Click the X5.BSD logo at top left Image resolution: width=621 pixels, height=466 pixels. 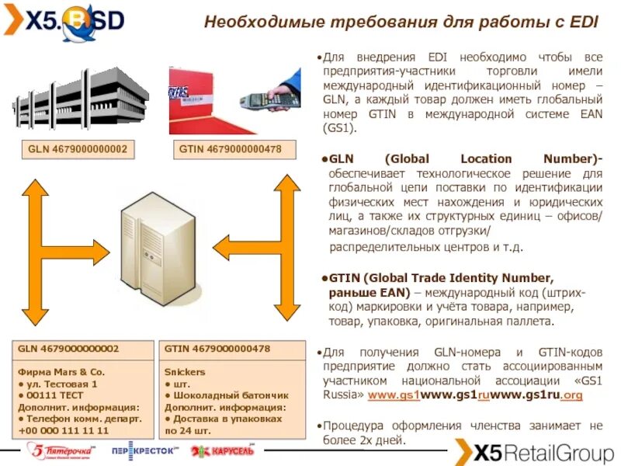pyautogui.click(x=64, y=21)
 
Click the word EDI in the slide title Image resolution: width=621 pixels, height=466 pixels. pyautogui.click(x=582, y=22)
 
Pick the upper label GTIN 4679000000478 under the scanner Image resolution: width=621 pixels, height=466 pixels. pyautogui.click(x=231, y=148)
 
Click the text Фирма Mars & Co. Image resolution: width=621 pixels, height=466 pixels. pyautogui.click(x=61, y=372)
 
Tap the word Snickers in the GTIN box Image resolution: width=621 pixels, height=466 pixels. pyautogui.click(x=185, y=372)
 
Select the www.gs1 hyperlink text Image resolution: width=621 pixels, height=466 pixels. pyautogui.click(x=394, y=395)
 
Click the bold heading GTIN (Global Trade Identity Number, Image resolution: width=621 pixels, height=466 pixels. pyautogui.click(x=441, y=278)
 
